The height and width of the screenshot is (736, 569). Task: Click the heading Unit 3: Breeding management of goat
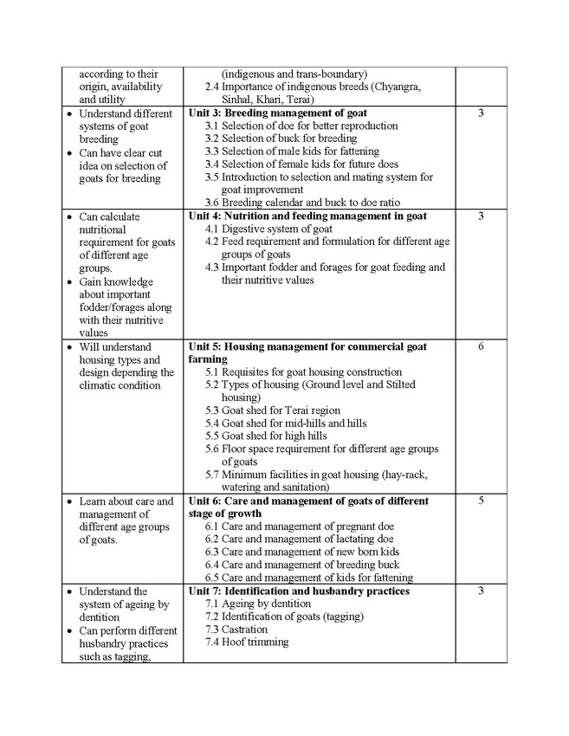[x=277, y=113]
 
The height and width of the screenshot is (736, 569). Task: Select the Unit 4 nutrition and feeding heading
[x=307, y=216]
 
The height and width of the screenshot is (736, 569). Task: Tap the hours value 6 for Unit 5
[x=481, y=347]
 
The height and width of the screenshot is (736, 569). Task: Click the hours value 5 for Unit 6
[x=481, y=500]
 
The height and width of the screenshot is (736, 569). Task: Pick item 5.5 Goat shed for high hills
[x=274, y=436]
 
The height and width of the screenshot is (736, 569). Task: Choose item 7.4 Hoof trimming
[x=247, y=642]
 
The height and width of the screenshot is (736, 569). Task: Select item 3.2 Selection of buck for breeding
[x=281, y=139]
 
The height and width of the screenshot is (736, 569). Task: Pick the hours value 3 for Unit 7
[x=481, y=591]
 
